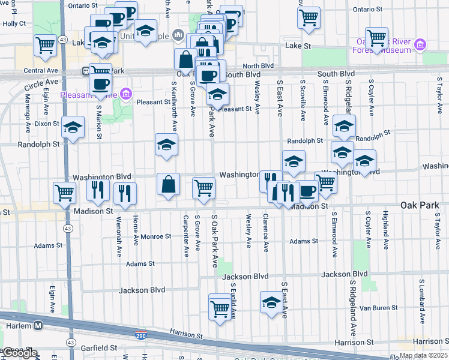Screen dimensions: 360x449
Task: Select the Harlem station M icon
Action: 38,325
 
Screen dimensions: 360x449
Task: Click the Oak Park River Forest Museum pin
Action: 420,44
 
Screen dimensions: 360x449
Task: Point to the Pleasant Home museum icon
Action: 125,94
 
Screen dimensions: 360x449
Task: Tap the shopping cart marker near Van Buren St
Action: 220,310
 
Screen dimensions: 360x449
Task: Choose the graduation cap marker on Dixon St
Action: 73,127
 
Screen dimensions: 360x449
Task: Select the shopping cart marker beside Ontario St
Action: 309,18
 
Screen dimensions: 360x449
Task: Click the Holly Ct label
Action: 14,24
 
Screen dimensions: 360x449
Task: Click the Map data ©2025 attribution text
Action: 423,356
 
